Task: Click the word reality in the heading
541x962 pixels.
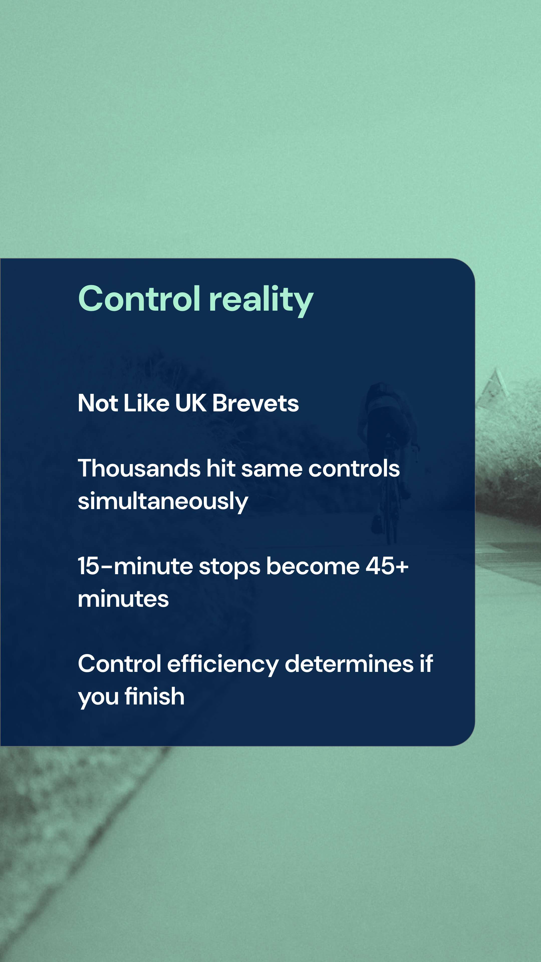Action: [x=261, y=300]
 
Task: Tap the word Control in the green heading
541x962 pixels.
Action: [x=139, y=299]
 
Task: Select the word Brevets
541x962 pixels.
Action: [x=255, y=403]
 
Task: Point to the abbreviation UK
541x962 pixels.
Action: [x=190, y=403]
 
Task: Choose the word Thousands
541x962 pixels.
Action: [x=139, y=468]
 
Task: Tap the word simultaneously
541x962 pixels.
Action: [x=163, y=501]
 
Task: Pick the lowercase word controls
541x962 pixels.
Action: [x=354, y=468]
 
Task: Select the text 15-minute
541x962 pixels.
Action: [x=135, y=566]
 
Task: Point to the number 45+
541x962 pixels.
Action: [x=387, y=566]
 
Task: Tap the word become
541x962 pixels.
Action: [x=313, y=566]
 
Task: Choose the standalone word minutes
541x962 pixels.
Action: [x=123, y=599]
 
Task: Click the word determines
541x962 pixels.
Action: [x=349, y=664]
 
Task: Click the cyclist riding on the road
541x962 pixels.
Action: [x=388, y=459]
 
